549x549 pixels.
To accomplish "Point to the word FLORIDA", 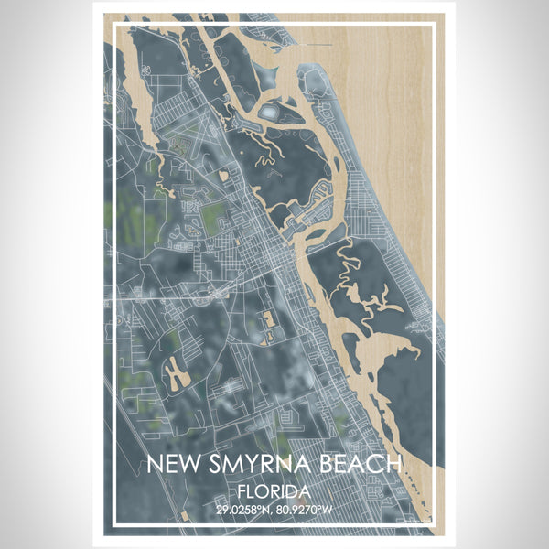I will [x=274, y=490].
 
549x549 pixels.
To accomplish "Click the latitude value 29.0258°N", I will [x=242, y=508].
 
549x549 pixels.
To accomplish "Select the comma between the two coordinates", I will [x=275, y=511].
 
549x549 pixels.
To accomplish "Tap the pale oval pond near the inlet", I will [x=272, y=112].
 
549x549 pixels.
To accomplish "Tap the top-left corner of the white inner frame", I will [x=114, y=23].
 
